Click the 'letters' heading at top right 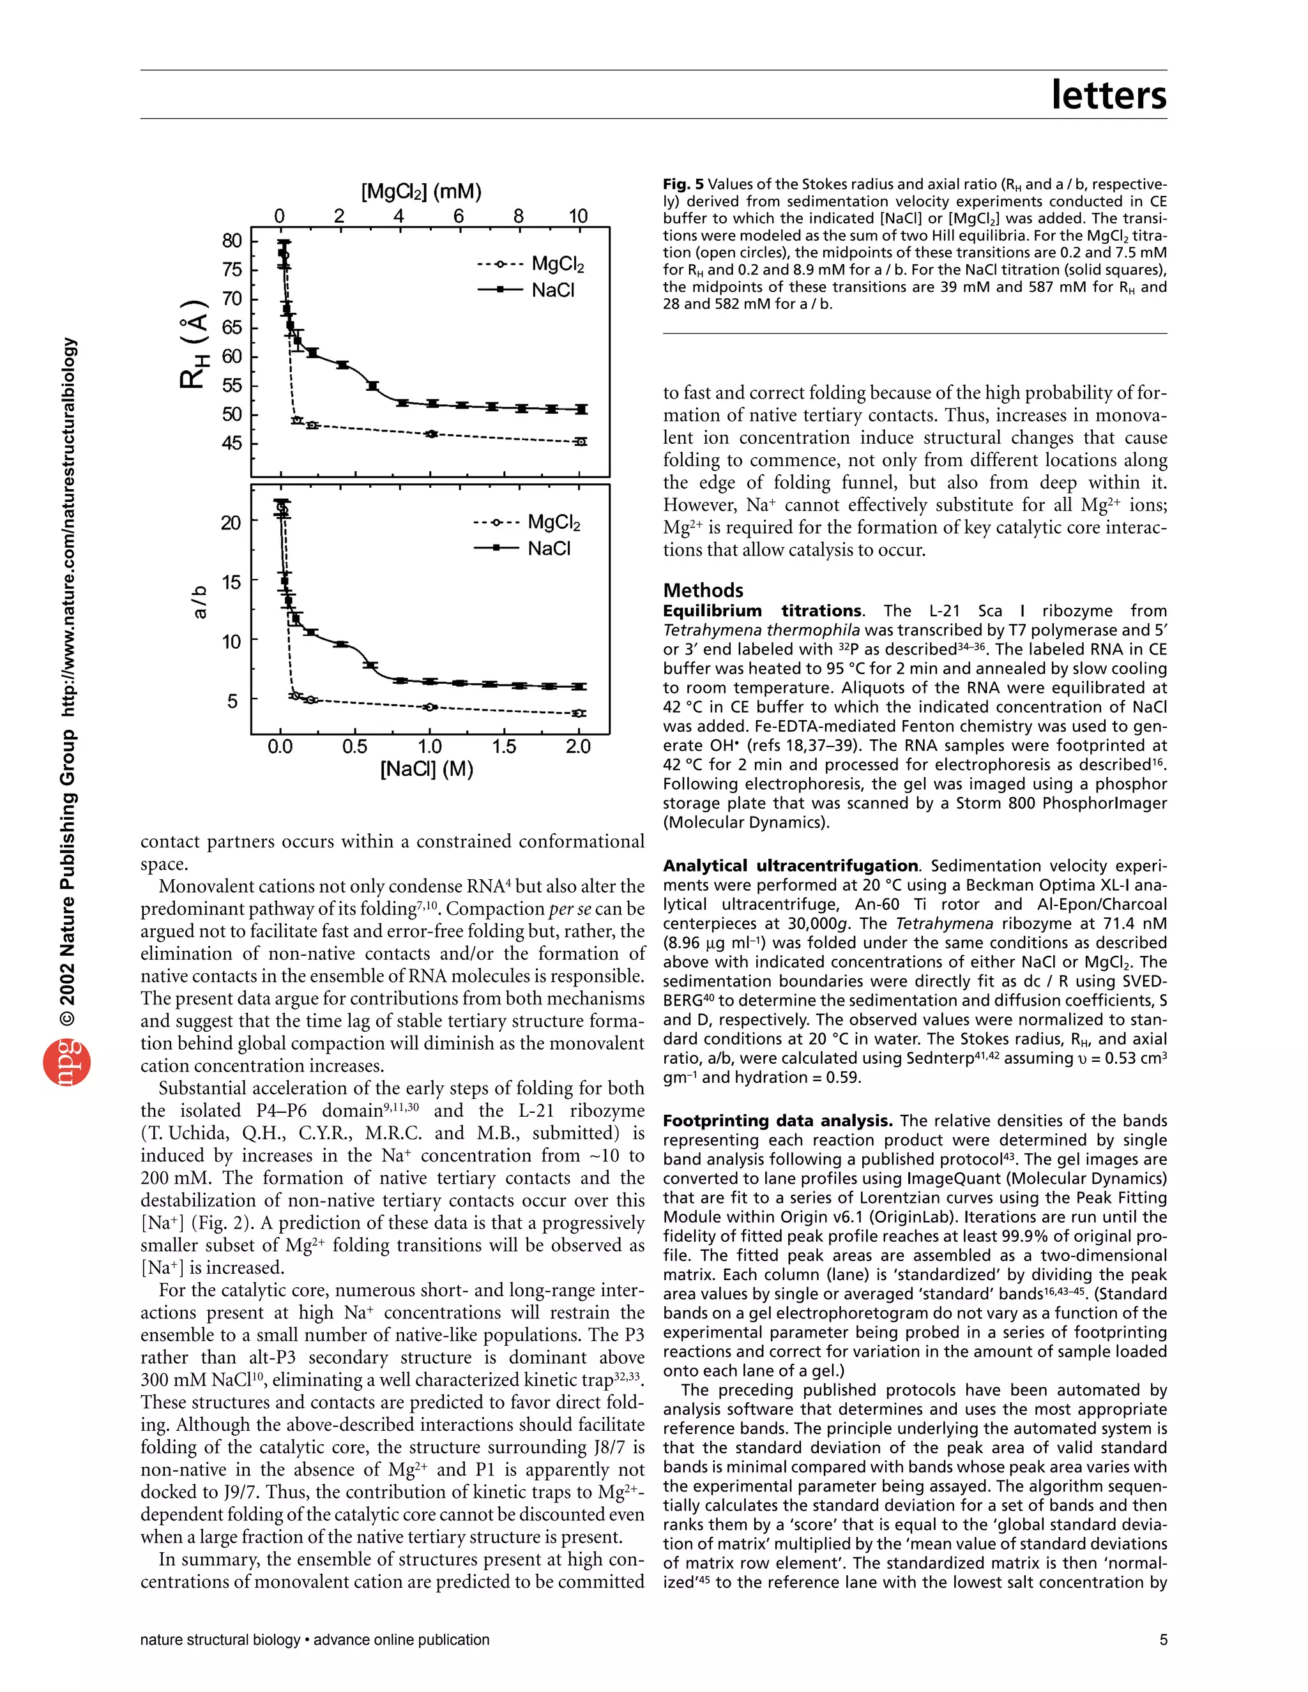[x=1108, y=94]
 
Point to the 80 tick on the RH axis [x=232, y=240]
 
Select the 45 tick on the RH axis [x=232, y=443]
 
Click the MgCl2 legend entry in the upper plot [x=531, y=264]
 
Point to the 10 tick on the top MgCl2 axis [x=578, y=216]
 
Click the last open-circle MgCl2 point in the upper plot [x=581, y=442]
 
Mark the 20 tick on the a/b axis [x=231, y=523]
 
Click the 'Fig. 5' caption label [x=683, y=185]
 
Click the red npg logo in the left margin [x=66, y=1063]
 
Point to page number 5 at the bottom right [x=1162, y=1639]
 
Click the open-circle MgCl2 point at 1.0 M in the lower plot [x=432, y=707]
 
